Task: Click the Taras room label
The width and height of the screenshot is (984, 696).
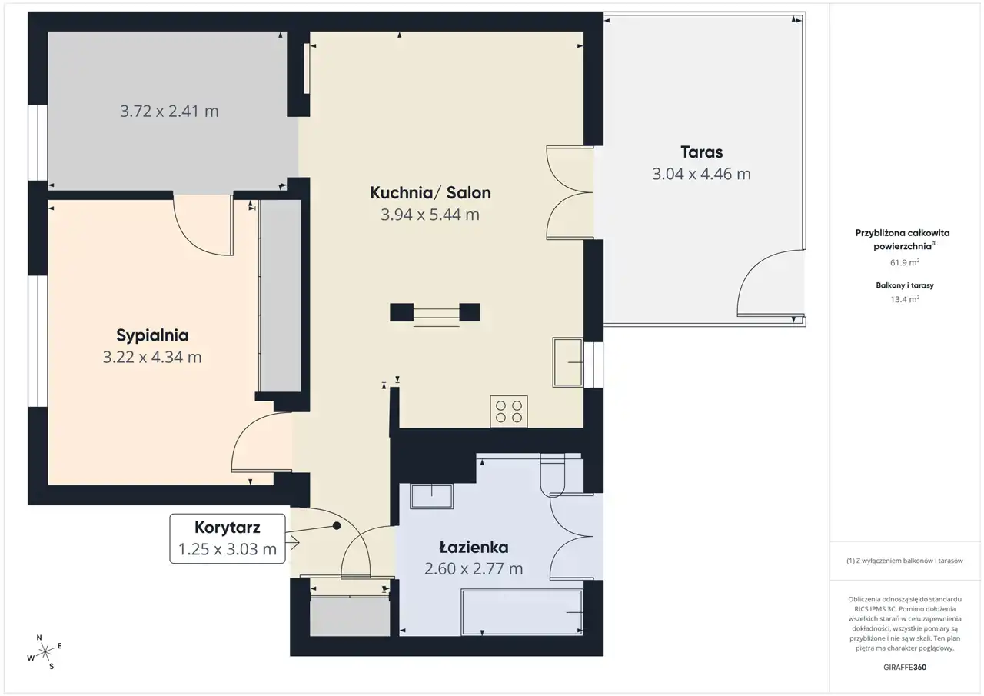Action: [702, 152]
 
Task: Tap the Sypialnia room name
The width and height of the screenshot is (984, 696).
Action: [152, 335]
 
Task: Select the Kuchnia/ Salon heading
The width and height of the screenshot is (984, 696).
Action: [430, 193]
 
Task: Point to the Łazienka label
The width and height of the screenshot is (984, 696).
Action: [474, 547]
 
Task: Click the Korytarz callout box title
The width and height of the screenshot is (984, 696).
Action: [228, 528]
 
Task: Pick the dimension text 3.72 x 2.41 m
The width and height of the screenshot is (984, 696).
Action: [170, 112]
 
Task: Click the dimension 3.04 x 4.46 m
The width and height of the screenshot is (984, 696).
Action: [702, 174]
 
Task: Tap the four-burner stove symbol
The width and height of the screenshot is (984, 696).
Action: [509, 411]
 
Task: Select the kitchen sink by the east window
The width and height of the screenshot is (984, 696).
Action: [567, 362]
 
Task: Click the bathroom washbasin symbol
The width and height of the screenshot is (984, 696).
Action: [431, 497]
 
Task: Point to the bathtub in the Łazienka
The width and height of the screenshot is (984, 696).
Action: [522, 612]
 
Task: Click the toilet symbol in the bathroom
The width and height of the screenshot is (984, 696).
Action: [553, 475]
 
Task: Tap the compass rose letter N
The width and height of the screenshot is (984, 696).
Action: [39, 638]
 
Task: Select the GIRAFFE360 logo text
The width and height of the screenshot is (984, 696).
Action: [905, 667]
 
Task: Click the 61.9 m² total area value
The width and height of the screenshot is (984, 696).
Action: [905, 262]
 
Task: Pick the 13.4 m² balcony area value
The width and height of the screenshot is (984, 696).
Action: [905, 299]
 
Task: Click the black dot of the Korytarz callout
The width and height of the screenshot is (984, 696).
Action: [337, 525]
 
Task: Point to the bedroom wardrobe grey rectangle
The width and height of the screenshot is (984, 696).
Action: [281, 296]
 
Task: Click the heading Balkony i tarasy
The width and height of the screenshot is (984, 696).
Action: [905, 285]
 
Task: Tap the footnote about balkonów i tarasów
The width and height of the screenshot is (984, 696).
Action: [905, 561]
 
